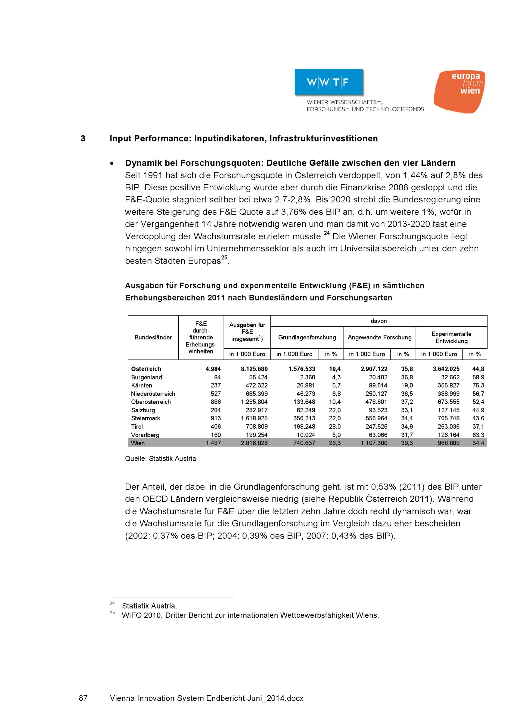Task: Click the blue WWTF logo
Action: (329, 82)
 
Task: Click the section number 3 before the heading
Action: (83, 139)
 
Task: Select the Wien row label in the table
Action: (138, 443)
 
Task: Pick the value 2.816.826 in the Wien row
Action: (254, 443)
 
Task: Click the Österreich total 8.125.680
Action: (254, 369)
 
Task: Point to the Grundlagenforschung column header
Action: (307, 337)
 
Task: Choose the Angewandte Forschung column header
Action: (379, 337)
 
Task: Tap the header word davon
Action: (379, 321)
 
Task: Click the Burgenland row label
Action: (146, 377)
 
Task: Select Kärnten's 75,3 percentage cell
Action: (478, 385)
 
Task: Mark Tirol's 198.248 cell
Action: (304, 427)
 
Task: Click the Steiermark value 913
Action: (216, 418)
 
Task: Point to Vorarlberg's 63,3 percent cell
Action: (478, 435)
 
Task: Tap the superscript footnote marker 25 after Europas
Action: (224, 258)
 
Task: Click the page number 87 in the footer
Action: (83, 698)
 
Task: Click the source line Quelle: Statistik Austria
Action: (160, 459)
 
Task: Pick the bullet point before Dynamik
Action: (112, 163)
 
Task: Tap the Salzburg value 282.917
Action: (257, 410)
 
